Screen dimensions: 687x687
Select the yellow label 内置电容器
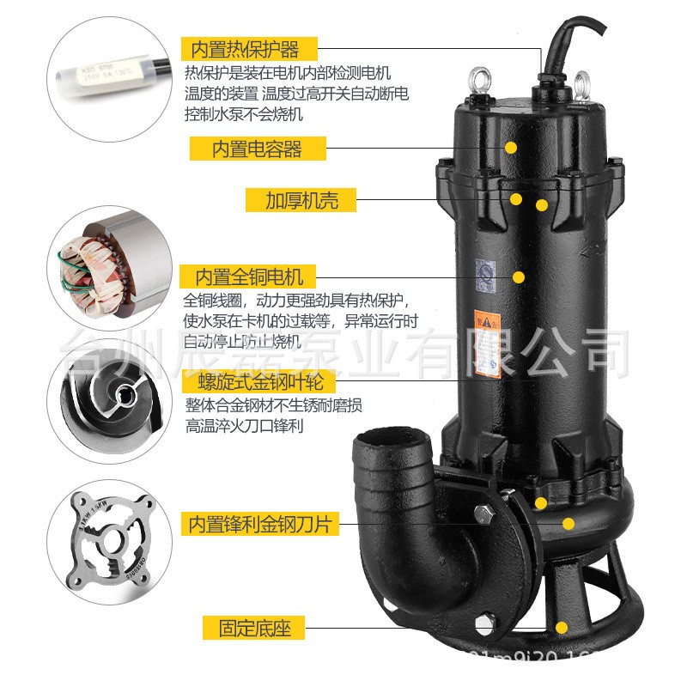click(258, 149)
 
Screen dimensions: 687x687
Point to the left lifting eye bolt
click(477, 81)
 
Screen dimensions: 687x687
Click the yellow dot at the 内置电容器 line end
click(510, 148)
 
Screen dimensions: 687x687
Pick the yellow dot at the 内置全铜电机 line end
click(519, 277)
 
